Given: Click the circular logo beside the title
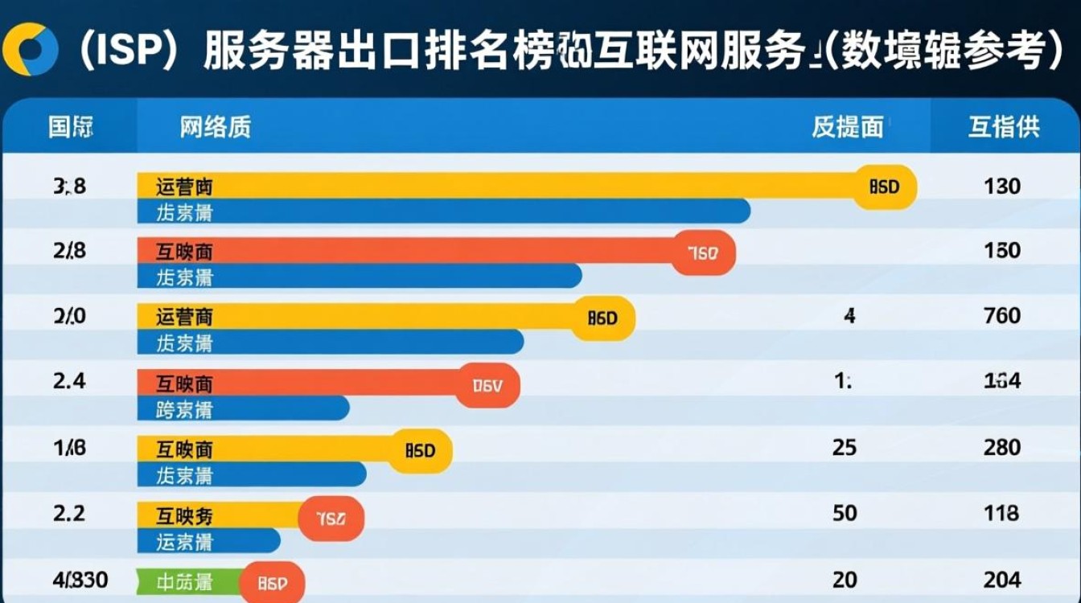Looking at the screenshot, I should click(31, 51).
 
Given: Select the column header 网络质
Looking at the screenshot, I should click(215, 127).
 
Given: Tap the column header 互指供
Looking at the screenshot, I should click(1003, 127).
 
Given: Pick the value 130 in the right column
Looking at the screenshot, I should click(1002, 187).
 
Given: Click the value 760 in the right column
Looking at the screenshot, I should click(1002, 316).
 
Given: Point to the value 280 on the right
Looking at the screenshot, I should click(1002, 447).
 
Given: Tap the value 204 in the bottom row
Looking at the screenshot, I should click(1002, 579).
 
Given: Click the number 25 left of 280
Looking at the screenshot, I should click(845, 447).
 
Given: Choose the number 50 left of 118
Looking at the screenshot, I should click(845, 513).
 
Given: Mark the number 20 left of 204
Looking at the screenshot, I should click(845, 579).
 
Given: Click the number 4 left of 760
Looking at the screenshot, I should click(849, 316).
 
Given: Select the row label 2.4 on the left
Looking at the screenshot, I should click(69, 382).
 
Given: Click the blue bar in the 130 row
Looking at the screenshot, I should click(442, 211).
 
